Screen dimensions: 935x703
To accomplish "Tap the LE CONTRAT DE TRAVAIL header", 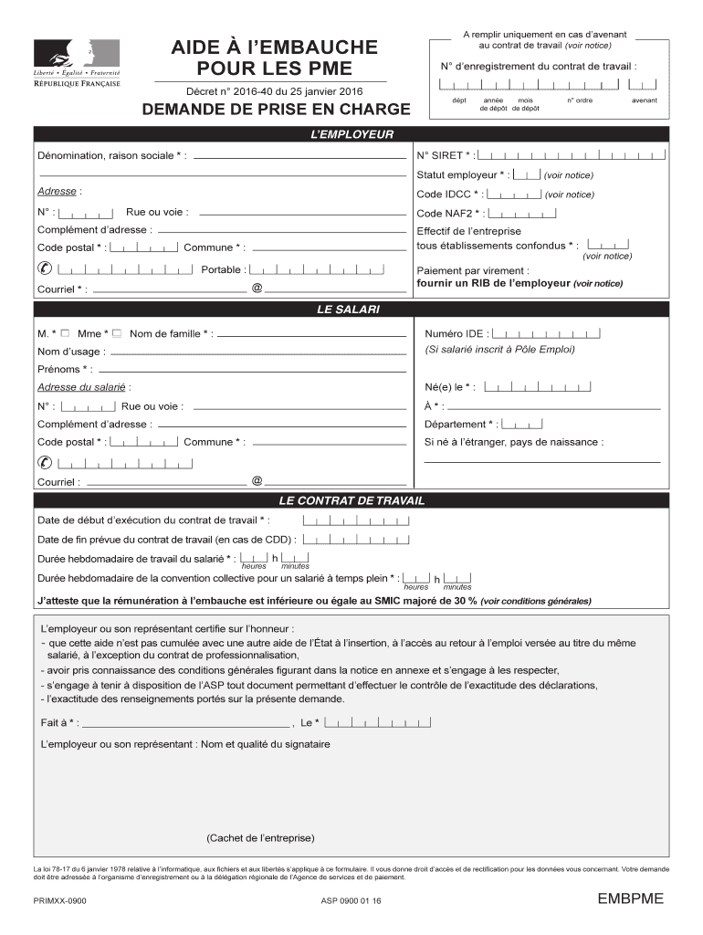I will [351, 501].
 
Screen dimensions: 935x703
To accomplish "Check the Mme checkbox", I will [117, 333].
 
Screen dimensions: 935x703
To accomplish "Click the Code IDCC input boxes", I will [513, 194].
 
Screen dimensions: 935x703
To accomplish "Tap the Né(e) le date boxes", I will [537, 387].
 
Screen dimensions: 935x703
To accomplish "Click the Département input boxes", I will [523, 424].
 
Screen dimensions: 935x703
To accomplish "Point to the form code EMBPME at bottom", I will [630, 899].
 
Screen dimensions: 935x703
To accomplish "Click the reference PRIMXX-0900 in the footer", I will [59, 900].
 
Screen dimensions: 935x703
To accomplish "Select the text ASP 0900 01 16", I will [351, 900].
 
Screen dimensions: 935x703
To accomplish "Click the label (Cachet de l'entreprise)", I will [260, 837].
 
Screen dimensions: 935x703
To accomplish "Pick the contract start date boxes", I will [355, 520].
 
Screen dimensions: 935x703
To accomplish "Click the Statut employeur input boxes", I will [527, 174].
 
